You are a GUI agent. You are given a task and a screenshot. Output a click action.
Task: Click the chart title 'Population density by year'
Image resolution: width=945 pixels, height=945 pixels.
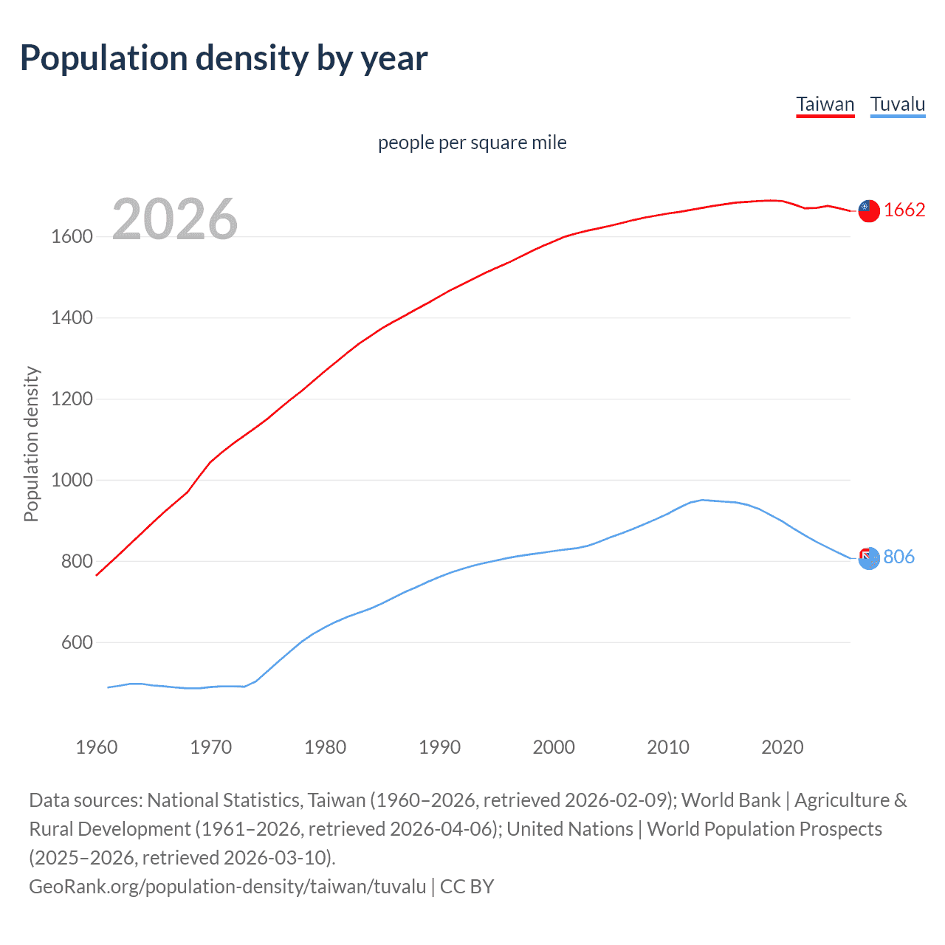coord(224,58)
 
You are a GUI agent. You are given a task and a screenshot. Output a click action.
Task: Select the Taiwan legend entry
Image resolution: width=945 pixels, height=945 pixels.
coord(825,104)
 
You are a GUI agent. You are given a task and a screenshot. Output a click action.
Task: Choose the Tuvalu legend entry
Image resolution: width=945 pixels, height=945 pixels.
coord(897,104)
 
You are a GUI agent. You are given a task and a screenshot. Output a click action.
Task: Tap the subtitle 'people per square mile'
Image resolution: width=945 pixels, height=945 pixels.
coord(472,142)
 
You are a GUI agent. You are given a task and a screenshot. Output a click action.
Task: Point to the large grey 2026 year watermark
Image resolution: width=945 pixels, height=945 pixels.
coord(175,219)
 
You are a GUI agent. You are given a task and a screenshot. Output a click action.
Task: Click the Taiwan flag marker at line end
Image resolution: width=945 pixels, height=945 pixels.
coord(869,211)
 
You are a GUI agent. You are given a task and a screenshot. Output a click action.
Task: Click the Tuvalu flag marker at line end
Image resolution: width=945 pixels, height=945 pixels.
coord(869,558)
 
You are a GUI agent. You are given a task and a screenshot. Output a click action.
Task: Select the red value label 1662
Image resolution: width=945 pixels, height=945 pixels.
coord(904,210)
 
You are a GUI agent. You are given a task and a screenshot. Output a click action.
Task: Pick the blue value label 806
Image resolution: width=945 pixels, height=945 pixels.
coord(898,557)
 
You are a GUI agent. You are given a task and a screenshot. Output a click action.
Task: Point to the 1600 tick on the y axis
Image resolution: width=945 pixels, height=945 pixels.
coord(72,237)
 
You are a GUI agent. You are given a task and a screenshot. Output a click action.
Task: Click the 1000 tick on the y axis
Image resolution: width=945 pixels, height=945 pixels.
coord(72,481)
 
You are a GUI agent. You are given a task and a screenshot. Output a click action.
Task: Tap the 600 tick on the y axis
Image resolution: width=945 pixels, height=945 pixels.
coord(77,643)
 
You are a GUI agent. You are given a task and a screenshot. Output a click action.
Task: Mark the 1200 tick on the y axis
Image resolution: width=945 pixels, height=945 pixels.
coord(72,399)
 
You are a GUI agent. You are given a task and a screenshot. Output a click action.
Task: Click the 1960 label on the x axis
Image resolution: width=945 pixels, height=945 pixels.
coord(97,747)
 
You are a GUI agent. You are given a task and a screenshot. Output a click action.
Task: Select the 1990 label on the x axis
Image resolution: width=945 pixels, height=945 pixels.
coord(439,747)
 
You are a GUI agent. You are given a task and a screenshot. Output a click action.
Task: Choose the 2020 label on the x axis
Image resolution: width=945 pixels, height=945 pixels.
coord(782,747)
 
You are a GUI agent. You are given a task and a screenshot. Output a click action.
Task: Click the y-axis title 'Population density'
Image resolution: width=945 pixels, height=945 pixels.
coord(31,444)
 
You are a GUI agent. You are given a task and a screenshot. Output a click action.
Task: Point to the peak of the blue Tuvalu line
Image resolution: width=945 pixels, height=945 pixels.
coord(702,500)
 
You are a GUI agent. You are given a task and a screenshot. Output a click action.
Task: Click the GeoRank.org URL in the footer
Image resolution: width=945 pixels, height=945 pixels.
coord(227,886)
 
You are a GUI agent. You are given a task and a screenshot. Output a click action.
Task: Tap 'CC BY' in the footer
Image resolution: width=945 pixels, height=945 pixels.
coord(467,886)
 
